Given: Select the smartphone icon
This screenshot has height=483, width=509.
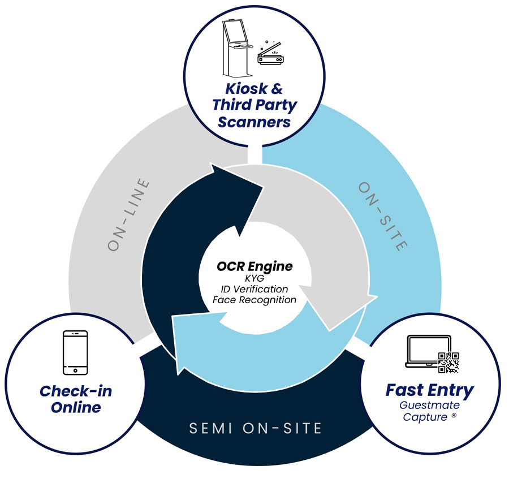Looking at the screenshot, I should (75, 352).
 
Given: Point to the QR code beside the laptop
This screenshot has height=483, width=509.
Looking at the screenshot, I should (448, 361).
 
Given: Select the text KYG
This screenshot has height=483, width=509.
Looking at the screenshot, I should (255, 278).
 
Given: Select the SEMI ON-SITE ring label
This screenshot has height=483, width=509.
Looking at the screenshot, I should (255, 428).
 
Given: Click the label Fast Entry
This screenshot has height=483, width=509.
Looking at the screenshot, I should (429, 390).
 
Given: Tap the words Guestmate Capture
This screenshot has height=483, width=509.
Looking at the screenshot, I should (429, 411).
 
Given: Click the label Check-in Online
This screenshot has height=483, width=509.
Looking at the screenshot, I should (75, 399).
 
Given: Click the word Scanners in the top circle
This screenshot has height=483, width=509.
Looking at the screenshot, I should (254, 121).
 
